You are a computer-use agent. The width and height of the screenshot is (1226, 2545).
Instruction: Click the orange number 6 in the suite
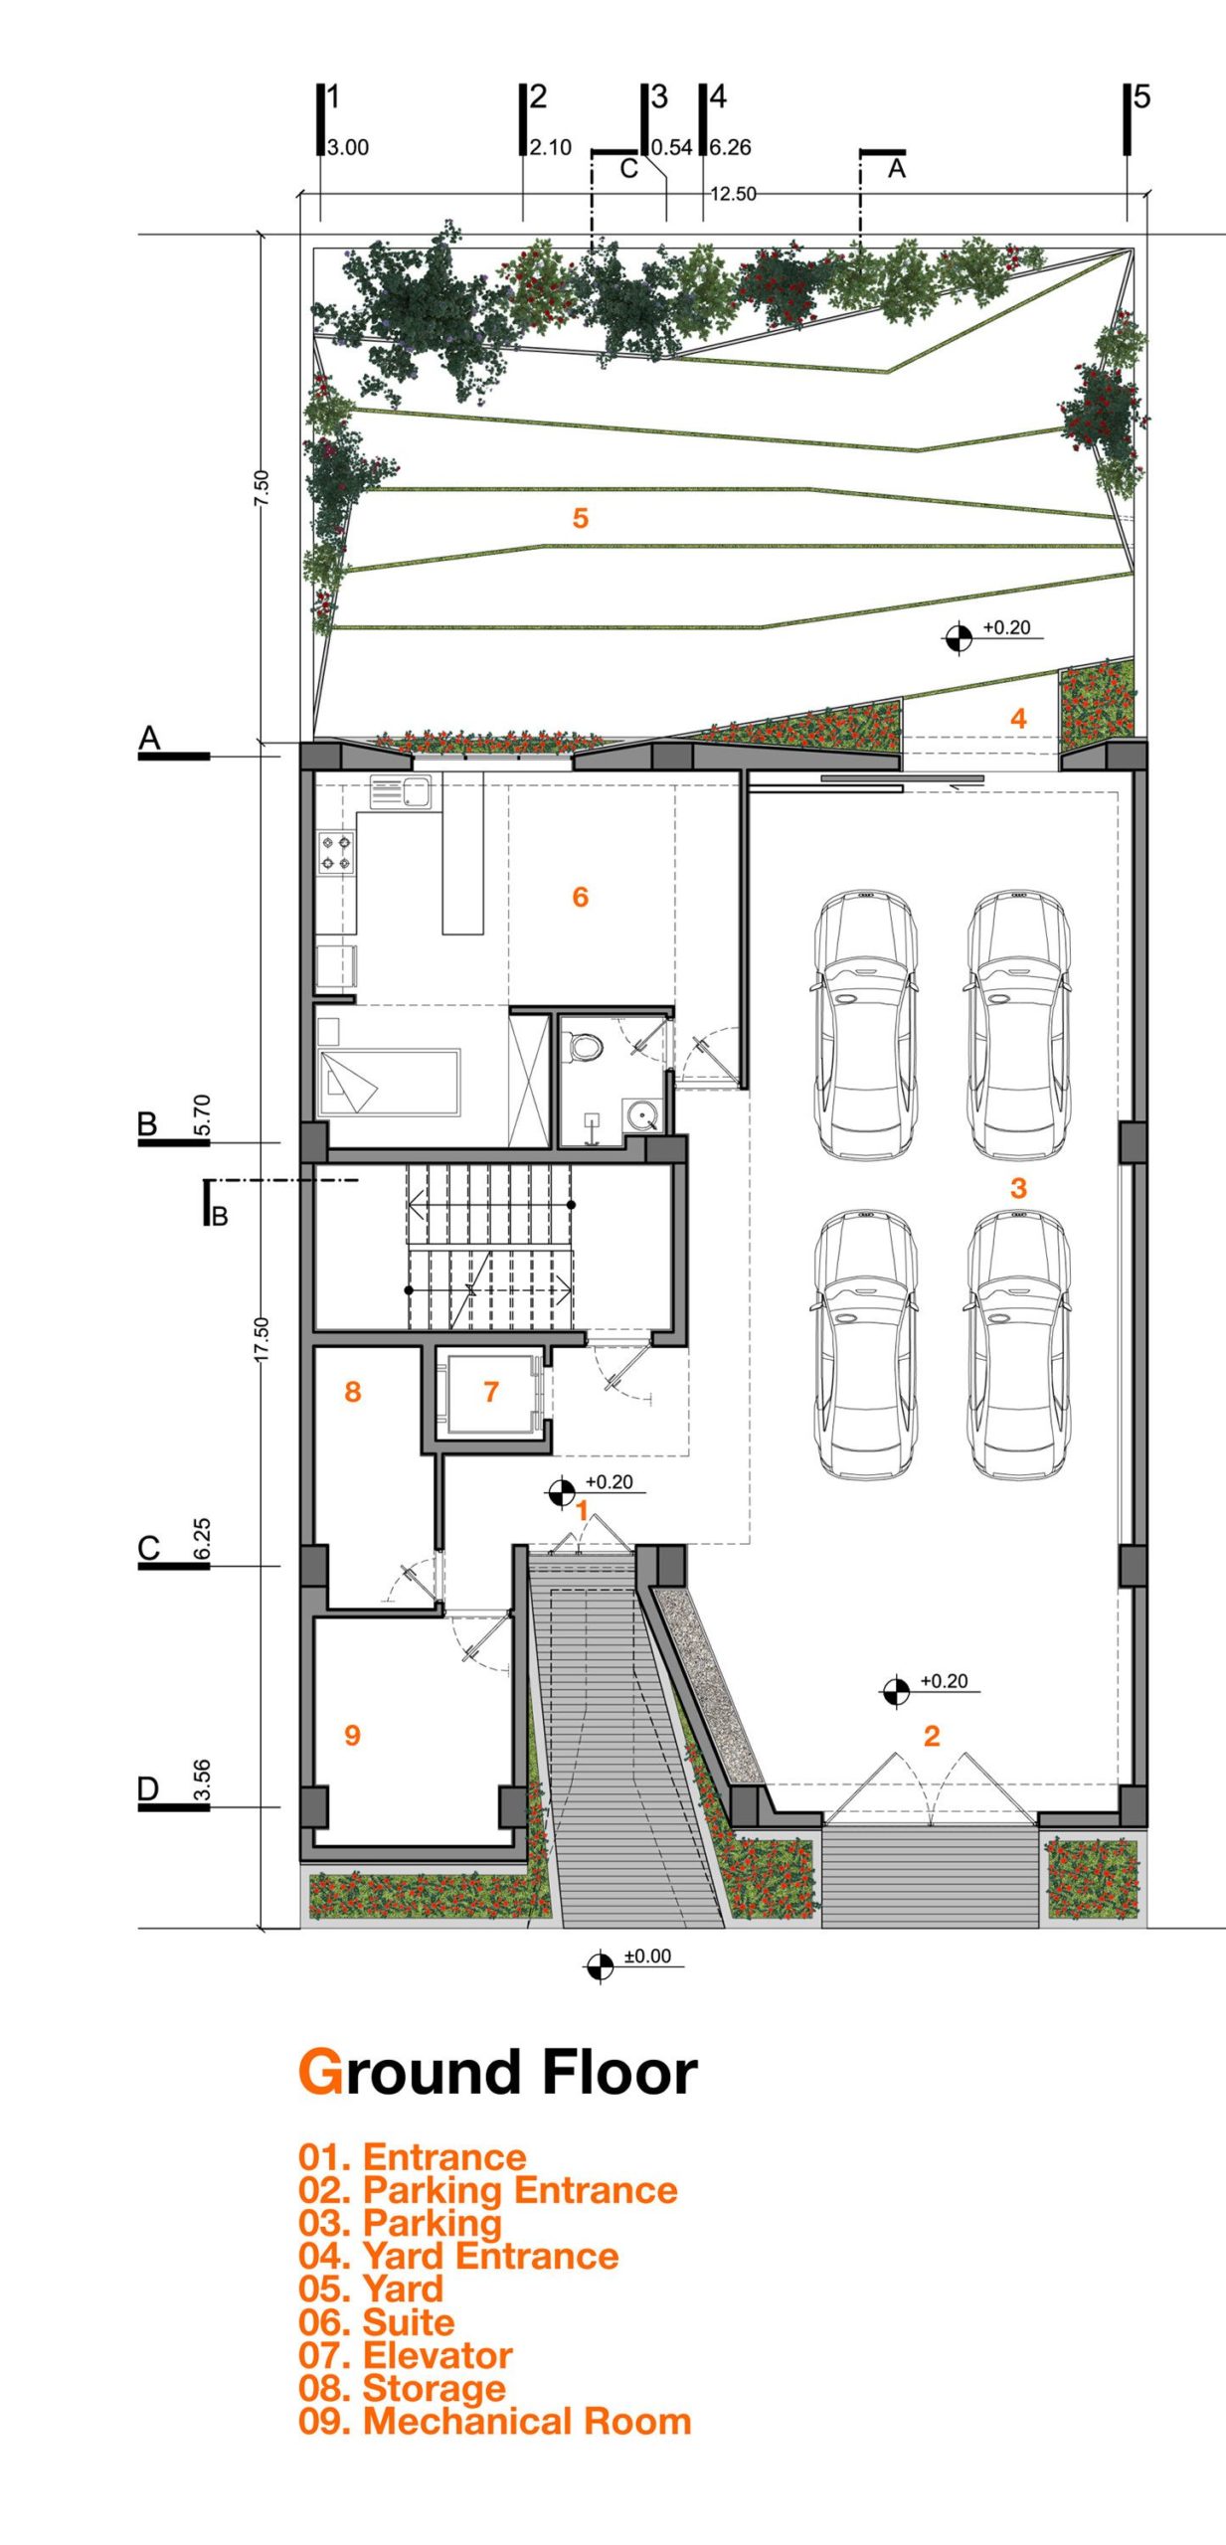(x=581, y=897)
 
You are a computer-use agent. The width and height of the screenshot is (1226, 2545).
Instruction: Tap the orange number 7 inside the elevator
(x=491, y=1392)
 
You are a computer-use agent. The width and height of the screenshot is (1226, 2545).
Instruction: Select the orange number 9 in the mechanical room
(x=352, y=1736)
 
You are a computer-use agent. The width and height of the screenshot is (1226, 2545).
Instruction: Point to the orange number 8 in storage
(x=352, y=1392)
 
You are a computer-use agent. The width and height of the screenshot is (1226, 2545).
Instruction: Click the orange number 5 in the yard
(x=581, y=518)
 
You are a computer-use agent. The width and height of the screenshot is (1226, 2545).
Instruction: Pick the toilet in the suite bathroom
(x=584, y=1045)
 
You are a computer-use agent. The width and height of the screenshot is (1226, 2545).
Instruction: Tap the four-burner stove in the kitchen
(x=336, y=853)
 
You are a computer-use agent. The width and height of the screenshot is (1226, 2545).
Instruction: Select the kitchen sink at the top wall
(x=402, y=792)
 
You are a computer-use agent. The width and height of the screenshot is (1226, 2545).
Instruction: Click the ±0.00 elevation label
(x=647, y=1956)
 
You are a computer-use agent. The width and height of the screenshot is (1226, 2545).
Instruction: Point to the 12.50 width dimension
(x=733, y=194)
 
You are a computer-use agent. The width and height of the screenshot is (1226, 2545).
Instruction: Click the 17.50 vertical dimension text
(x=261, y=1339)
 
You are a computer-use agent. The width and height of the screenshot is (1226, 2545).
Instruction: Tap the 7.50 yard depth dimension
(x=261, y=488)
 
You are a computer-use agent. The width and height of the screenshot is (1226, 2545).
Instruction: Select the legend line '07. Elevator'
(x=406, y=2356)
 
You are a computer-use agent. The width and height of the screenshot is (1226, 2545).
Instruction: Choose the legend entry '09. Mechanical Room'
(x=495, y=2422)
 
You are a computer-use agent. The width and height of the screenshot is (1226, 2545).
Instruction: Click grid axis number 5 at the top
(x=1141, y=96)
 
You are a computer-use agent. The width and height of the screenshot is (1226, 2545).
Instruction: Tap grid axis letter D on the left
(x=148, y=1789)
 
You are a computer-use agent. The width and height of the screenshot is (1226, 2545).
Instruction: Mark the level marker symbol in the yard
(x=959, y=637)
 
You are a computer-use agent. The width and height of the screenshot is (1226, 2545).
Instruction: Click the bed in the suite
(x=389, y=1083)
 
